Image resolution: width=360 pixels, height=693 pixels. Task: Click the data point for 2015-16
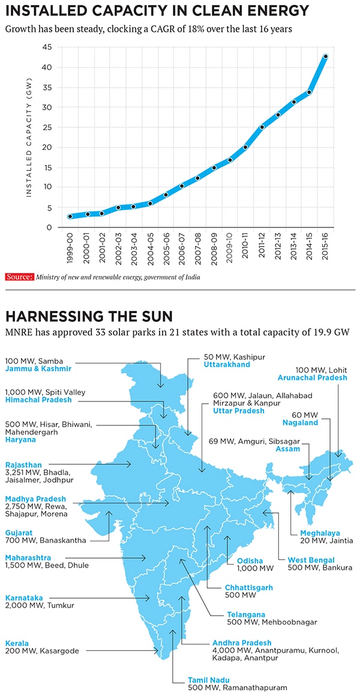[x=325, y=56]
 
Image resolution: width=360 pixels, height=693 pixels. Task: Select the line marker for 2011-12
[x=262, y=127]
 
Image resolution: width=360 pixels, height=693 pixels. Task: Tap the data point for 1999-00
[x=70, y=217]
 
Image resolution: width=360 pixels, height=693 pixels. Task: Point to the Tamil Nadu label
[x=208, y=680]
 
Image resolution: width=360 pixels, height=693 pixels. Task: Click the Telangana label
[x=245, y=614]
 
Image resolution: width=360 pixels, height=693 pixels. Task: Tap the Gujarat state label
[x=19, y=532]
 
